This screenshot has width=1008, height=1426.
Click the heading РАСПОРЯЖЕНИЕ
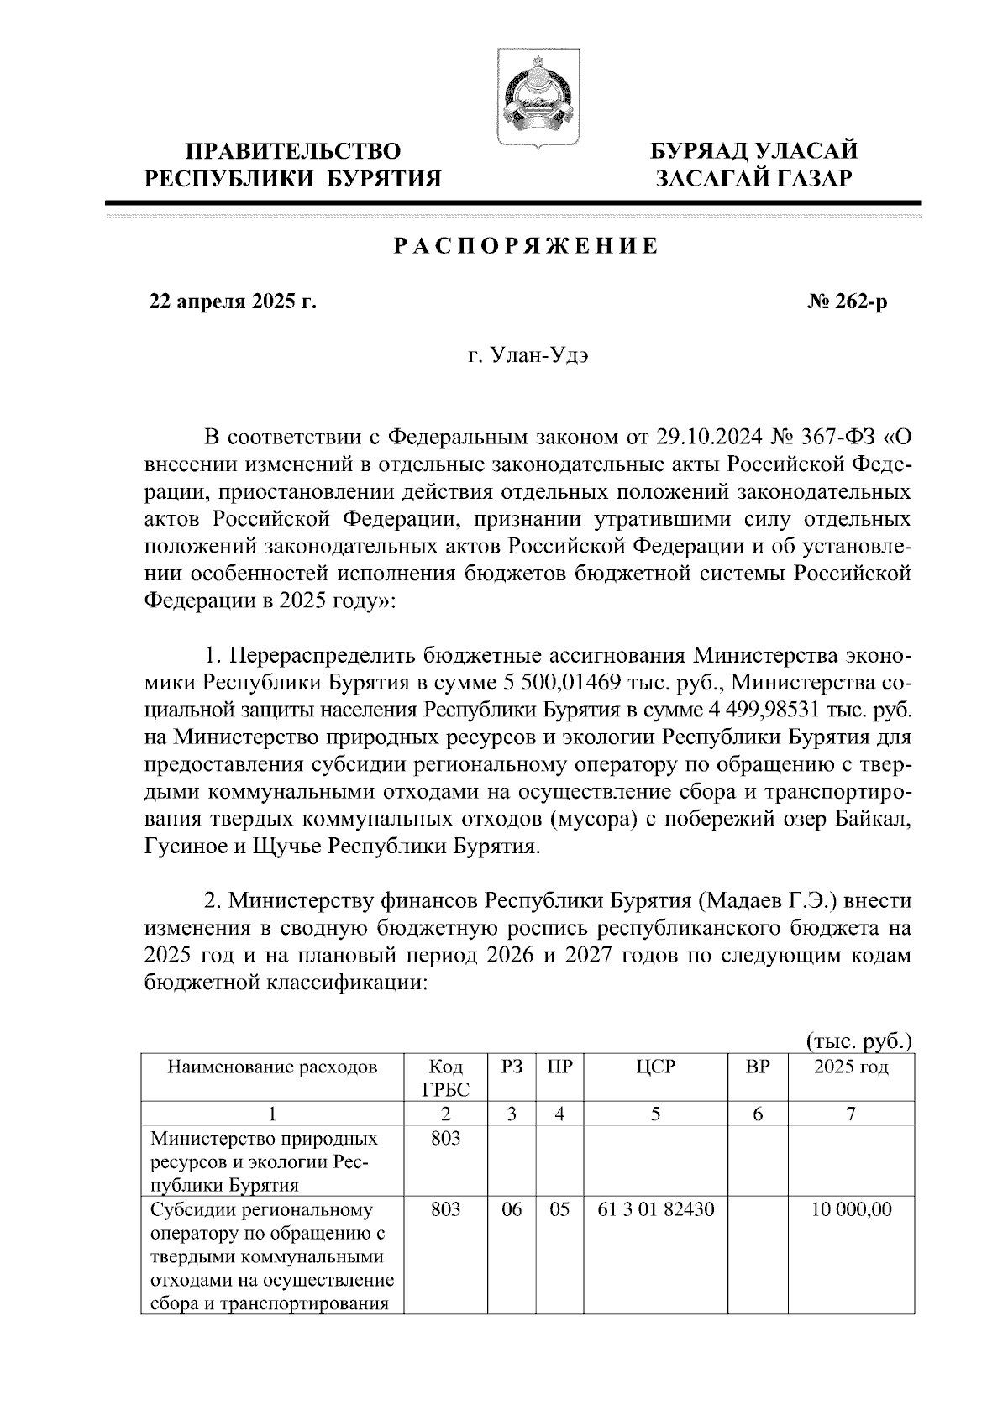pos(526,246)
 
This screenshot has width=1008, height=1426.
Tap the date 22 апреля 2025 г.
pos(233,301)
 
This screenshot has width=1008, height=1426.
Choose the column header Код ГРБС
pos(445,1078)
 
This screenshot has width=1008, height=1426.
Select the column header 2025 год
pos(850,1068)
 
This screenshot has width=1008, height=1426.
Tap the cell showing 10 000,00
pos(851,1210)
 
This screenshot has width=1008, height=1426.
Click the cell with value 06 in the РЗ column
pos(512,1210)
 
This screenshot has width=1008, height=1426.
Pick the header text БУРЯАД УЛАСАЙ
pos(755,151)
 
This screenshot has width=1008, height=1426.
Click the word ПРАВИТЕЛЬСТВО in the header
pos(293,151)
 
